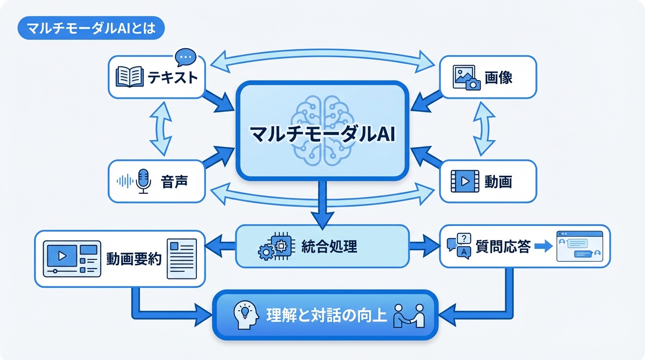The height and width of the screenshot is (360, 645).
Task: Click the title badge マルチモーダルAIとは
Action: [90, 29]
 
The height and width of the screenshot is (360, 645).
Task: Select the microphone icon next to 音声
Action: [143, 181]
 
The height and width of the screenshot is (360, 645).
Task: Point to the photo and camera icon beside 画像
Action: [467, 77]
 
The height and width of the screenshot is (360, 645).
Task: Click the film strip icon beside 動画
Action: [465, 181]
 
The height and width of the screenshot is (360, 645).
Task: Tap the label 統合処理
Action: [330, 246]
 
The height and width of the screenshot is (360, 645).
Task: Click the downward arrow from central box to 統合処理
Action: [322, 204]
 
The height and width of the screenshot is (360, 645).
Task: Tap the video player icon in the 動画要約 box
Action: [72, 258]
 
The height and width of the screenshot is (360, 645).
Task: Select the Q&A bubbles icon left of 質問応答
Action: [459, 246]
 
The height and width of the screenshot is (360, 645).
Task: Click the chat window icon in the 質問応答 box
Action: [579, 246]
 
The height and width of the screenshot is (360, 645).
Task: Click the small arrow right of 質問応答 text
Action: [543, 247]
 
